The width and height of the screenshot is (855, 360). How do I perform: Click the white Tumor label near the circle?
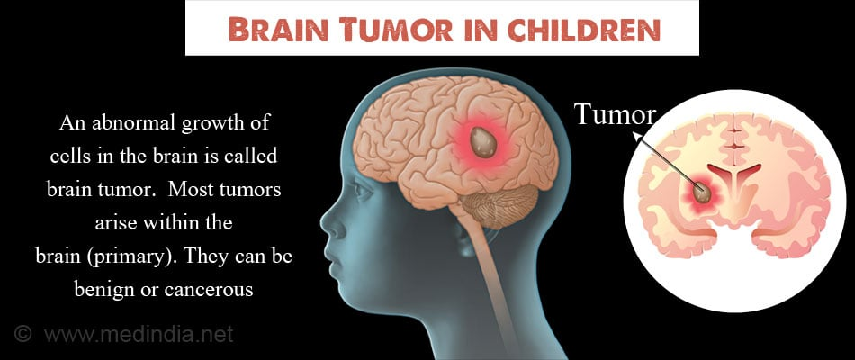coord(616,114)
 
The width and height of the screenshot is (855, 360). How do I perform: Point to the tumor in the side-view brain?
coord(483,143)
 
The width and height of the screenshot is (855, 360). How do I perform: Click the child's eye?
coord(362,191)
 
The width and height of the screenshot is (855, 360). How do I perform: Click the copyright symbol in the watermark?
coord(22,333)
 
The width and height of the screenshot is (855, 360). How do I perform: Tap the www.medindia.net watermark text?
coord(139,334)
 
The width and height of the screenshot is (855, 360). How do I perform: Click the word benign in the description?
coord(102,290)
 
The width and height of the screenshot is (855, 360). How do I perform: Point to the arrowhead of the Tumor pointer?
coord(636,137)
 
